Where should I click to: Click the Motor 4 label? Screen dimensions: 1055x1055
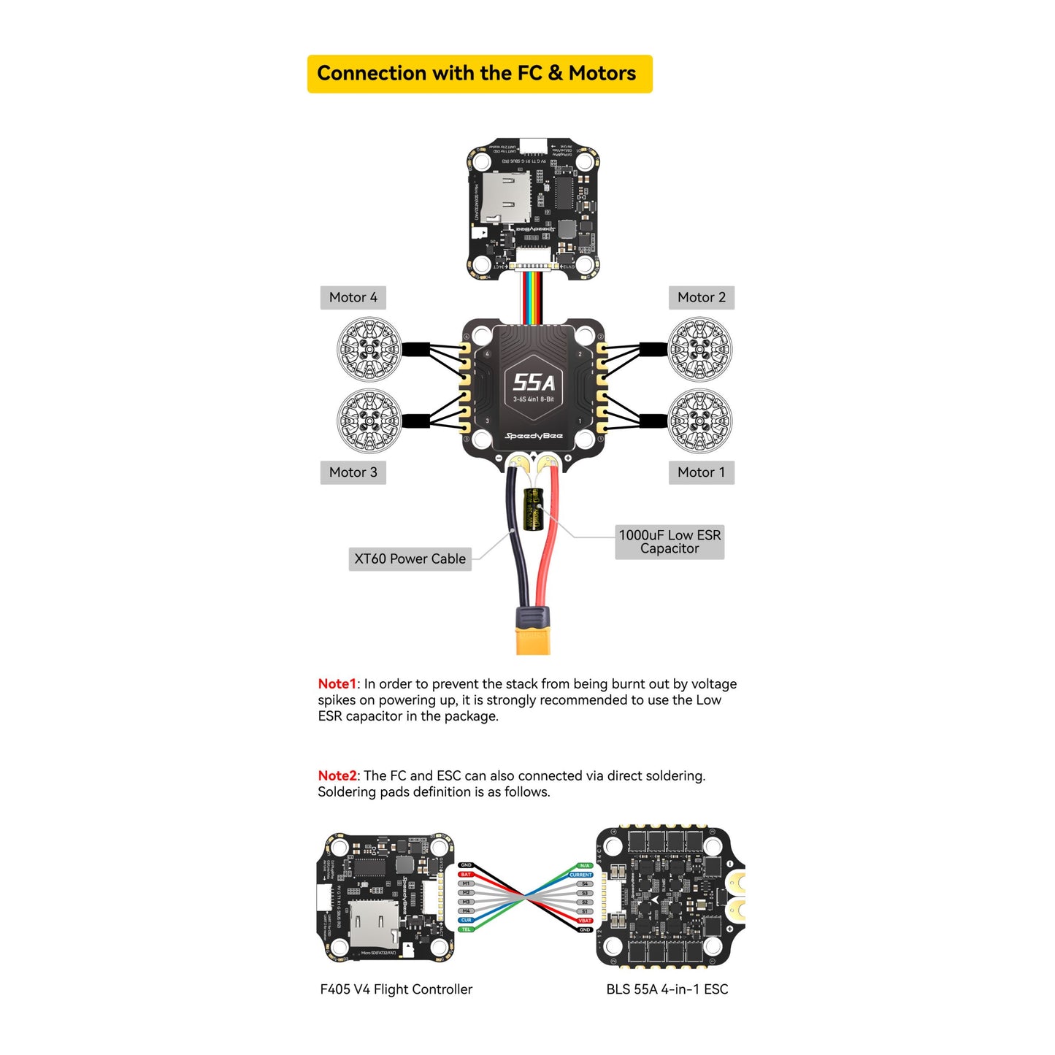tap(353, 297)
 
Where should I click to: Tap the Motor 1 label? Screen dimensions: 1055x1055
tap(701, 472)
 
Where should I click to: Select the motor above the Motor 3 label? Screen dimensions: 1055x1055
tap(369, 420)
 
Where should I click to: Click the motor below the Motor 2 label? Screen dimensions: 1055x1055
tap(699, 349)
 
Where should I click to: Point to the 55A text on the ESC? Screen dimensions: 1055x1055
tap(534, 382)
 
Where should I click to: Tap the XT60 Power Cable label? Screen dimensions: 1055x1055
tap(410, 559)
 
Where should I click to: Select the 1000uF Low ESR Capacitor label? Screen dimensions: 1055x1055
tap(670, 542)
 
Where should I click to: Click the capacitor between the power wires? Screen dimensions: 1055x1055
tap(534, 510)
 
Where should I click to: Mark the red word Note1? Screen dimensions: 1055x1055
tap(337, 684)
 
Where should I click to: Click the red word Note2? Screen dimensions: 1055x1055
tap(337, 776)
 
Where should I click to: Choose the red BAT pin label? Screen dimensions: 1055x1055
tap(466, 875)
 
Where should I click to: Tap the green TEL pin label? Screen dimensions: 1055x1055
tap(466, 929)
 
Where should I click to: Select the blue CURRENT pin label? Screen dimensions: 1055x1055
tap(581, 875)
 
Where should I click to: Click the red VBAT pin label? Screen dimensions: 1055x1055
tap(585, 921)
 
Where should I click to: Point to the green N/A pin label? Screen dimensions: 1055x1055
tap(585, 866)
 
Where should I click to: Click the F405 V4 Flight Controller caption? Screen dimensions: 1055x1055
tap(396, 989)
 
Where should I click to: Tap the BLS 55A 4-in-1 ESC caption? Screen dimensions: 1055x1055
tap(667, 989)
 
